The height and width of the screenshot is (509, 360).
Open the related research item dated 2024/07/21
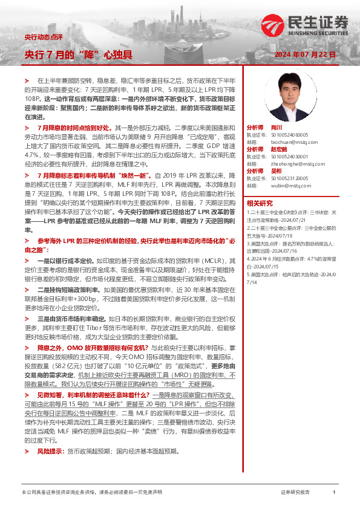[290, 216]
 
